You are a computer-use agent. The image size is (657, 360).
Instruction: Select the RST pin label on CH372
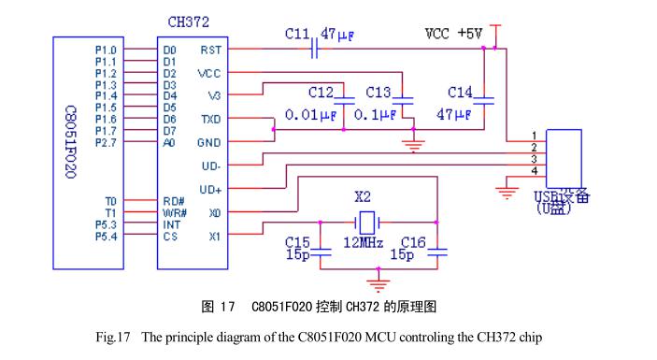(x=211, y=50)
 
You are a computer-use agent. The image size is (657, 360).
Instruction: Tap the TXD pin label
(x=211, y=121)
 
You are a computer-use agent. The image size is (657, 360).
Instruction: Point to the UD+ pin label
(x=211, y=190)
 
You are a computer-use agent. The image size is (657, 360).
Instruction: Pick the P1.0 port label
(x=107, y=50)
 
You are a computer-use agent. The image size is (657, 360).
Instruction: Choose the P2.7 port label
(x=107, y=142)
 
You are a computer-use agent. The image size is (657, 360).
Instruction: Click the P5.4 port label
(x=107, y=237)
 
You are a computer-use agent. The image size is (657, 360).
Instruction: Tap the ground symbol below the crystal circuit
(x=378, y=278)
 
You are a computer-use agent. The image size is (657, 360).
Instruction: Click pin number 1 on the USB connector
(x=534, y=137)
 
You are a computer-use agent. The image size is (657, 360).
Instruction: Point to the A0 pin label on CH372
(x=168, y=142)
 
